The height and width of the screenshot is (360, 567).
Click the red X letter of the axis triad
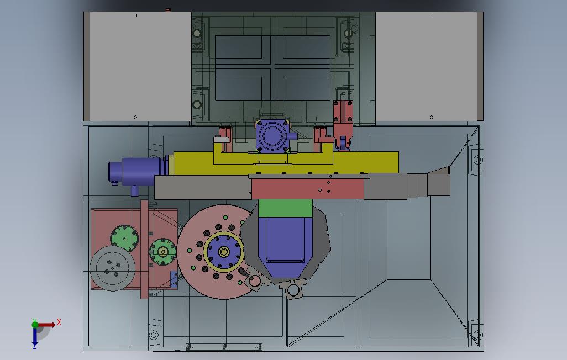tap(59, 322)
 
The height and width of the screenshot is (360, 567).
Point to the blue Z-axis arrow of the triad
tap(35, 336)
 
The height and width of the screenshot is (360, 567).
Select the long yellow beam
tap(286, 163)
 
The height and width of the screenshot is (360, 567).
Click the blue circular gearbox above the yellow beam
tap(272, 135)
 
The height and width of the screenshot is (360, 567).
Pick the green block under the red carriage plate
tap(285, 208)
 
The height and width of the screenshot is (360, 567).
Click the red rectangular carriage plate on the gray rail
tap(308, 189)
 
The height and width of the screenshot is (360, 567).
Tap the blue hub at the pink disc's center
tap(224, 252)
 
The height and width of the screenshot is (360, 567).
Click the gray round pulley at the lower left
tap(112, 268)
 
